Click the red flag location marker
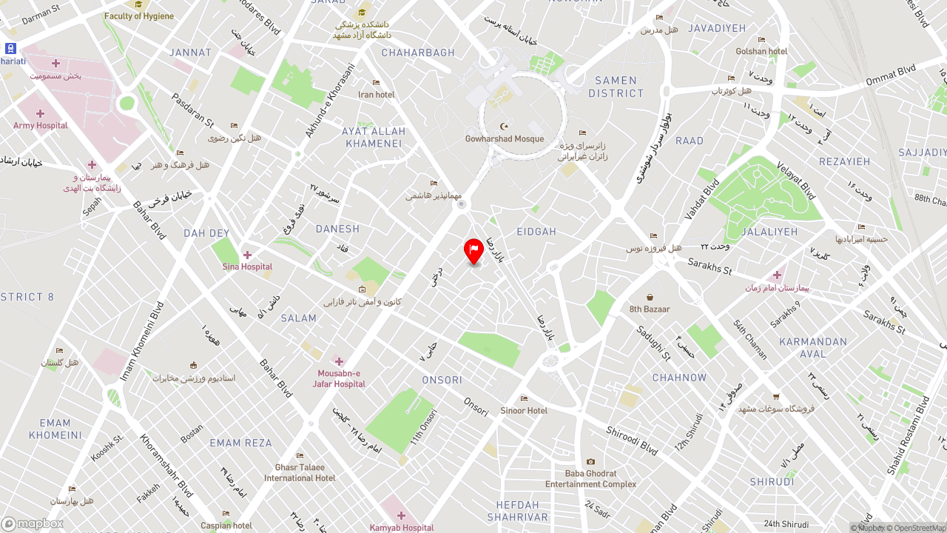pyautogui.click(x=473, y=250)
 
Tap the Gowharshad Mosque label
pyautogui.click(x=505, y=138)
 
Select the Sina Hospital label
pyautogui.click(x=247, y=266)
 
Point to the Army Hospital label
pyautogui.click(x=41, y=125)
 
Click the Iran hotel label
pyautogui.click(x=377, y=94)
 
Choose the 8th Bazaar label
pyautogui.click(x=650, y=309)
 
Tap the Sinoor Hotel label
pyautogui.click(x=524, y=410)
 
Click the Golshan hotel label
pyautogui.click(x=761, y=51)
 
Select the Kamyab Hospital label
pyautogui.click(x=402, y=527)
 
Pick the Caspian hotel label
pyautogui.click(x=226, y=525)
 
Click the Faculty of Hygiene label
pyautogui.click(x=139, y=16)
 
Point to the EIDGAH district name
pyautogui.click(x=536, y=232)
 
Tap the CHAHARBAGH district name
pyautogui.click(x=418, y=53)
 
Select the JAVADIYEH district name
pyautogui.click(x=717, y=28)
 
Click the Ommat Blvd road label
pyautogui.click(x=891, y=74)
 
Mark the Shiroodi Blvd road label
pyautogui.click(x=632, y=440)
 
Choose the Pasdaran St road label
pyautogui.click(x=192, y=110)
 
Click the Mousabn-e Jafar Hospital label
pyautogui.click(x=339, y=378)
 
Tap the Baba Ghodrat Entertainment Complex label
pyautogui.click(x=590, y=478)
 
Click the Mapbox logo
pyautogui.click(x=33, y=524)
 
